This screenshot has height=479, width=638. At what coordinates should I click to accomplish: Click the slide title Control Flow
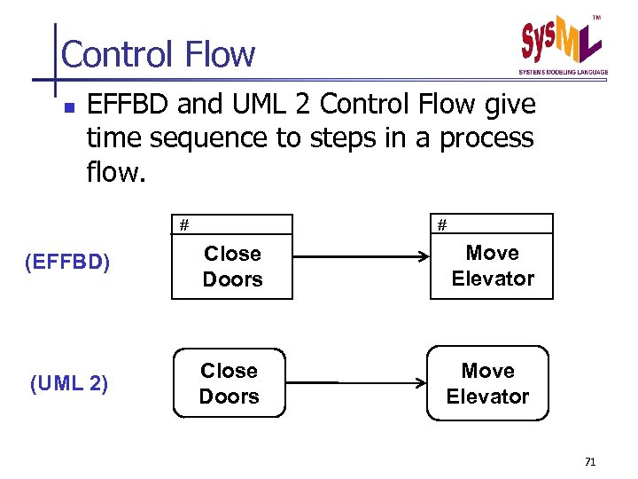(x=158, y=55)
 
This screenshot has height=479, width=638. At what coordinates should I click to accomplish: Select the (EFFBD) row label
(x=69, y=264)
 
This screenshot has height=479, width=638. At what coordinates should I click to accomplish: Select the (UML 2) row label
(x=69, y=384)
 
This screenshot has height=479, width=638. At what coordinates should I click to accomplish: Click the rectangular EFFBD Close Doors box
(x=232, y=266)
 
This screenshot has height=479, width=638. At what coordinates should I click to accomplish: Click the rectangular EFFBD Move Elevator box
(x=492, y=265)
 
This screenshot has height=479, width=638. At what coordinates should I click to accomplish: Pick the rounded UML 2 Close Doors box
(x=230, y=383)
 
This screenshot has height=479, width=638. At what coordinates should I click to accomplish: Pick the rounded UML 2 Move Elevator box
(x=487, y=383)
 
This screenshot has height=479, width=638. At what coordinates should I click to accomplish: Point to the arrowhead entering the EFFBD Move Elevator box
(x=424, y=257)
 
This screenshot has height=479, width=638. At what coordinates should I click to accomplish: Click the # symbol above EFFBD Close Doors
(x=183, y=224)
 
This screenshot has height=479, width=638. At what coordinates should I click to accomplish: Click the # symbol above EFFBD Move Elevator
(x=440, y=224)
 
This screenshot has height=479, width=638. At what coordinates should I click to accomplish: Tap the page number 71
(x=591, y=462)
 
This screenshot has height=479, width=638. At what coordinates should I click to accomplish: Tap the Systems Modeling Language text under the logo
(x=563, y=72)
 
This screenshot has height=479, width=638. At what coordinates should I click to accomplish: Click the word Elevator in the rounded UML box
(x=487, y=397)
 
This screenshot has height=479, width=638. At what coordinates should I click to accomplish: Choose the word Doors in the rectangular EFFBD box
(x=232, y=279)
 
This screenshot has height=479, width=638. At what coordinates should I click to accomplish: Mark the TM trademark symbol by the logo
(x=595, y=18)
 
